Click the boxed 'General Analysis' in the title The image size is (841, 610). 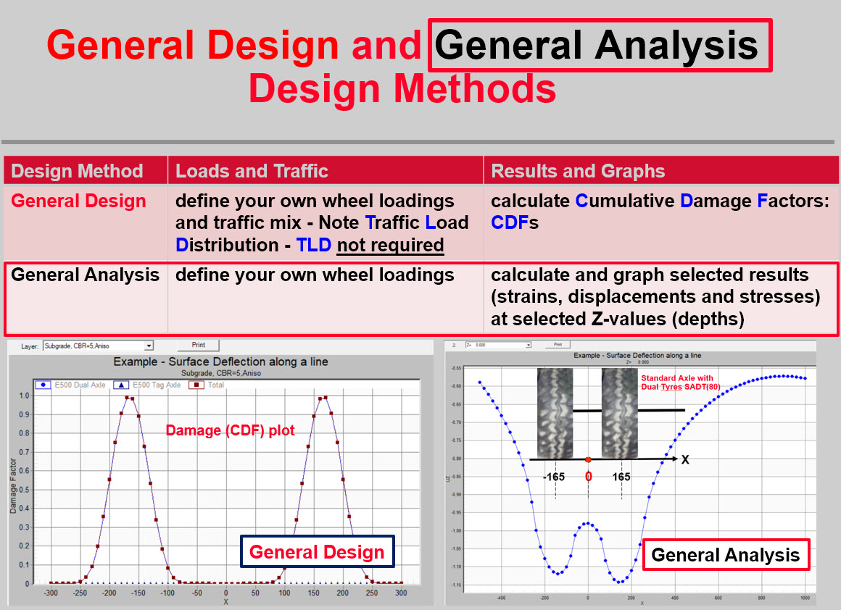point(599,46)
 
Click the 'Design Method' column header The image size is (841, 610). point(78,172)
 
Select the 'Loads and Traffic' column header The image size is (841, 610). point(252,172)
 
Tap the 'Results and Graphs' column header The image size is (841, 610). point(578,172)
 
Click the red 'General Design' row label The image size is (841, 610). point(78,201)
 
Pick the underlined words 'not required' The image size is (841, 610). point(390,245)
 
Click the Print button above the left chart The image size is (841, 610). point(197,346)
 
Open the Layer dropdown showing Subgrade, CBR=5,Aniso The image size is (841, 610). point(98,346)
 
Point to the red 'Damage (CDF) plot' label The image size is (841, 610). point(230,430)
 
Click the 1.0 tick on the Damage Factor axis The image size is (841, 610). point(24,396)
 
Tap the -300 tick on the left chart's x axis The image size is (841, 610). point(51,593)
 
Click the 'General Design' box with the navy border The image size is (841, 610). point(317,552)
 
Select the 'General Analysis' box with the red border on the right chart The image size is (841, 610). point(725,555)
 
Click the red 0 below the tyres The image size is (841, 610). point(588,477)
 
